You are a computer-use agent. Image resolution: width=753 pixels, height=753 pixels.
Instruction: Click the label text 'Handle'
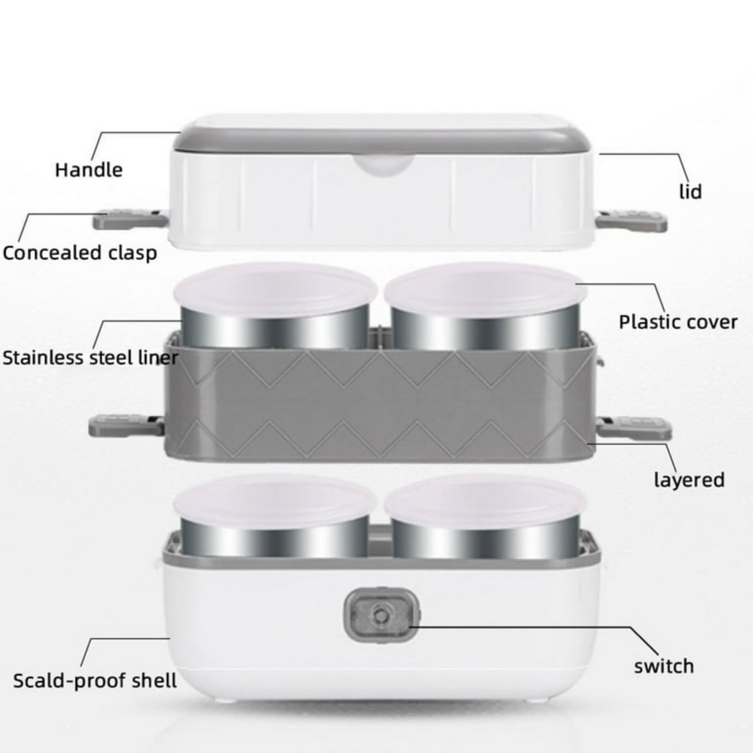pos(89,170)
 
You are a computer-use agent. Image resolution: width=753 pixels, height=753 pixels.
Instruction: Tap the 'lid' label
pos(690,192)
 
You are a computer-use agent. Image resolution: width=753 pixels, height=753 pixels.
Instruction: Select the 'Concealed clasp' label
pos(80,253)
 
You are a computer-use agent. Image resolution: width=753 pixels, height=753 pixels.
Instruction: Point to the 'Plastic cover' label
pos(678,322)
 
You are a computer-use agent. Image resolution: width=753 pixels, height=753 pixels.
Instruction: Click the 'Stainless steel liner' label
pos(90,358)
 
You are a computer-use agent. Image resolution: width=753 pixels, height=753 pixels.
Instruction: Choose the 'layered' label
pos(689,480)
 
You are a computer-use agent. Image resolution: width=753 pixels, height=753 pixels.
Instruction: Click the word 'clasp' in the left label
pos(133,254)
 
